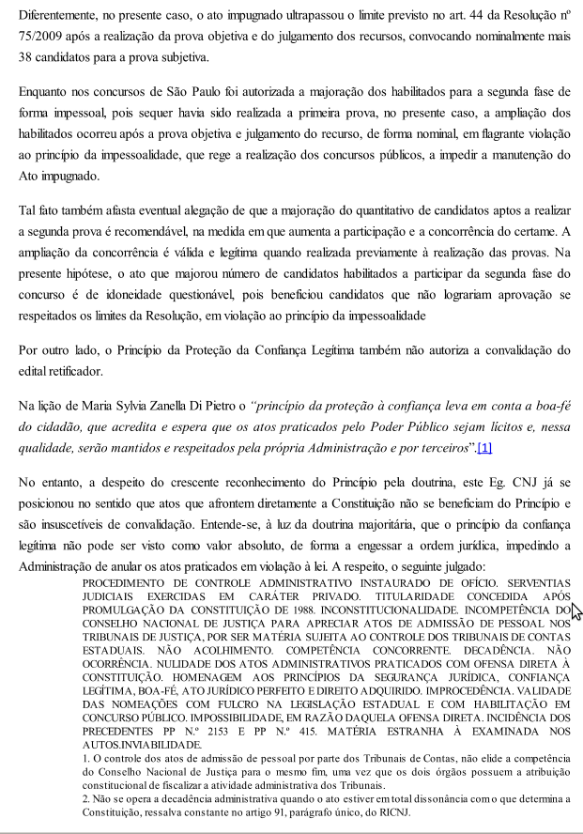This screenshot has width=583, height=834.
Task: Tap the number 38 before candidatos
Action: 27,58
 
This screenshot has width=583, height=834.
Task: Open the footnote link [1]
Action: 484,448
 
